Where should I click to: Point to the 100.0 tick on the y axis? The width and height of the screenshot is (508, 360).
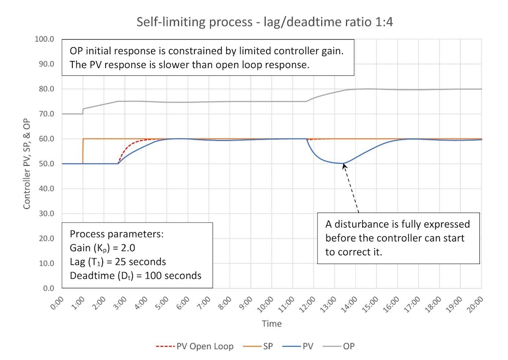click(x=46, y=39)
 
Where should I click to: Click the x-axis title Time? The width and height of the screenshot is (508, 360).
click(x=271, y=324)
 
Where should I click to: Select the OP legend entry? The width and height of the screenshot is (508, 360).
click(x=349, y=346)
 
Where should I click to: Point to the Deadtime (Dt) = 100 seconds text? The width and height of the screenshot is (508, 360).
click(x=135, y=275)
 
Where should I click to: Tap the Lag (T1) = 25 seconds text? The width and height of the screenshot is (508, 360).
click(x=118, y=261)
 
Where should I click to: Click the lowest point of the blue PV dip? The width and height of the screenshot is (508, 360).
click(x=339, y=163)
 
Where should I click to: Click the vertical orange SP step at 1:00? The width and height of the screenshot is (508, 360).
click(x=83, y=151)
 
